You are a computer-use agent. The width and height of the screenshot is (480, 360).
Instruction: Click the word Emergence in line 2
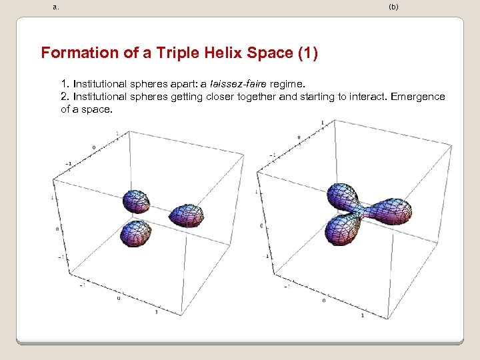[x=417, y=97]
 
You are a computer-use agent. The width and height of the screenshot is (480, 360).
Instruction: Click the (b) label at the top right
[x=393, y=7]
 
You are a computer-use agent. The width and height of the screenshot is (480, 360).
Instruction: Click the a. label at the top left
[x=55, y=7]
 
